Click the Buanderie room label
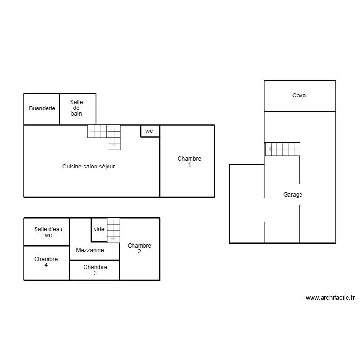point(42,108)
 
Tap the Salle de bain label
point(76,108)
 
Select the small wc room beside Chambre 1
point(150,131)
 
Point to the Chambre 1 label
point(190,161)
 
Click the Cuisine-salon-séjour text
point(89,167)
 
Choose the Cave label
point(299,96)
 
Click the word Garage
point(293,195)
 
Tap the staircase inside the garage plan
point(283,149)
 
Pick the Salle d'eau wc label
point(48,232)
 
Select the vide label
point(99,229)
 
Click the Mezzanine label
point(90,250)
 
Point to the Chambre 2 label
point(139,249)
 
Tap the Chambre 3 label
point(96,270)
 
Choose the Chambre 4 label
point(46,262)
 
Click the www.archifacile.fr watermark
point(330,298)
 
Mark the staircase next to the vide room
point(113,230)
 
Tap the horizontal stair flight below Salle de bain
point(97,132)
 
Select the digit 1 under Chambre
point(190,165)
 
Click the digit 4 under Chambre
point(46,265)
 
